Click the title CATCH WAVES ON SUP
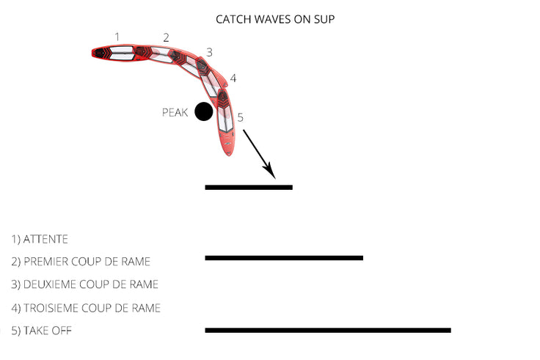click(x=275, y=19)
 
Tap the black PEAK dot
click(x=204, y=112)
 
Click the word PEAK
click(x=175, y=113)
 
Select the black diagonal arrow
click(x=259, y=155)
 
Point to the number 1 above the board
click(x=117, y=36)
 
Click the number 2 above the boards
click(x=167, y=37)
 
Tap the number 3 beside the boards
click(x=210, y=53)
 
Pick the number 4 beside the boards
click(x=233, y=78)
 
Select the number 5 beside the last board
click(x=241, y=117)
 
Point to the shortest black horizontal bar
click(x=249, y=188)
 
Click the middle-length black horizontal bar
click(x=284, y=258)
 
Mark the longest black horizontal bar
click(x=327, y=331)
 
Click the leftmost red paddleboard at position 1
click(x=114, y=53)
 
